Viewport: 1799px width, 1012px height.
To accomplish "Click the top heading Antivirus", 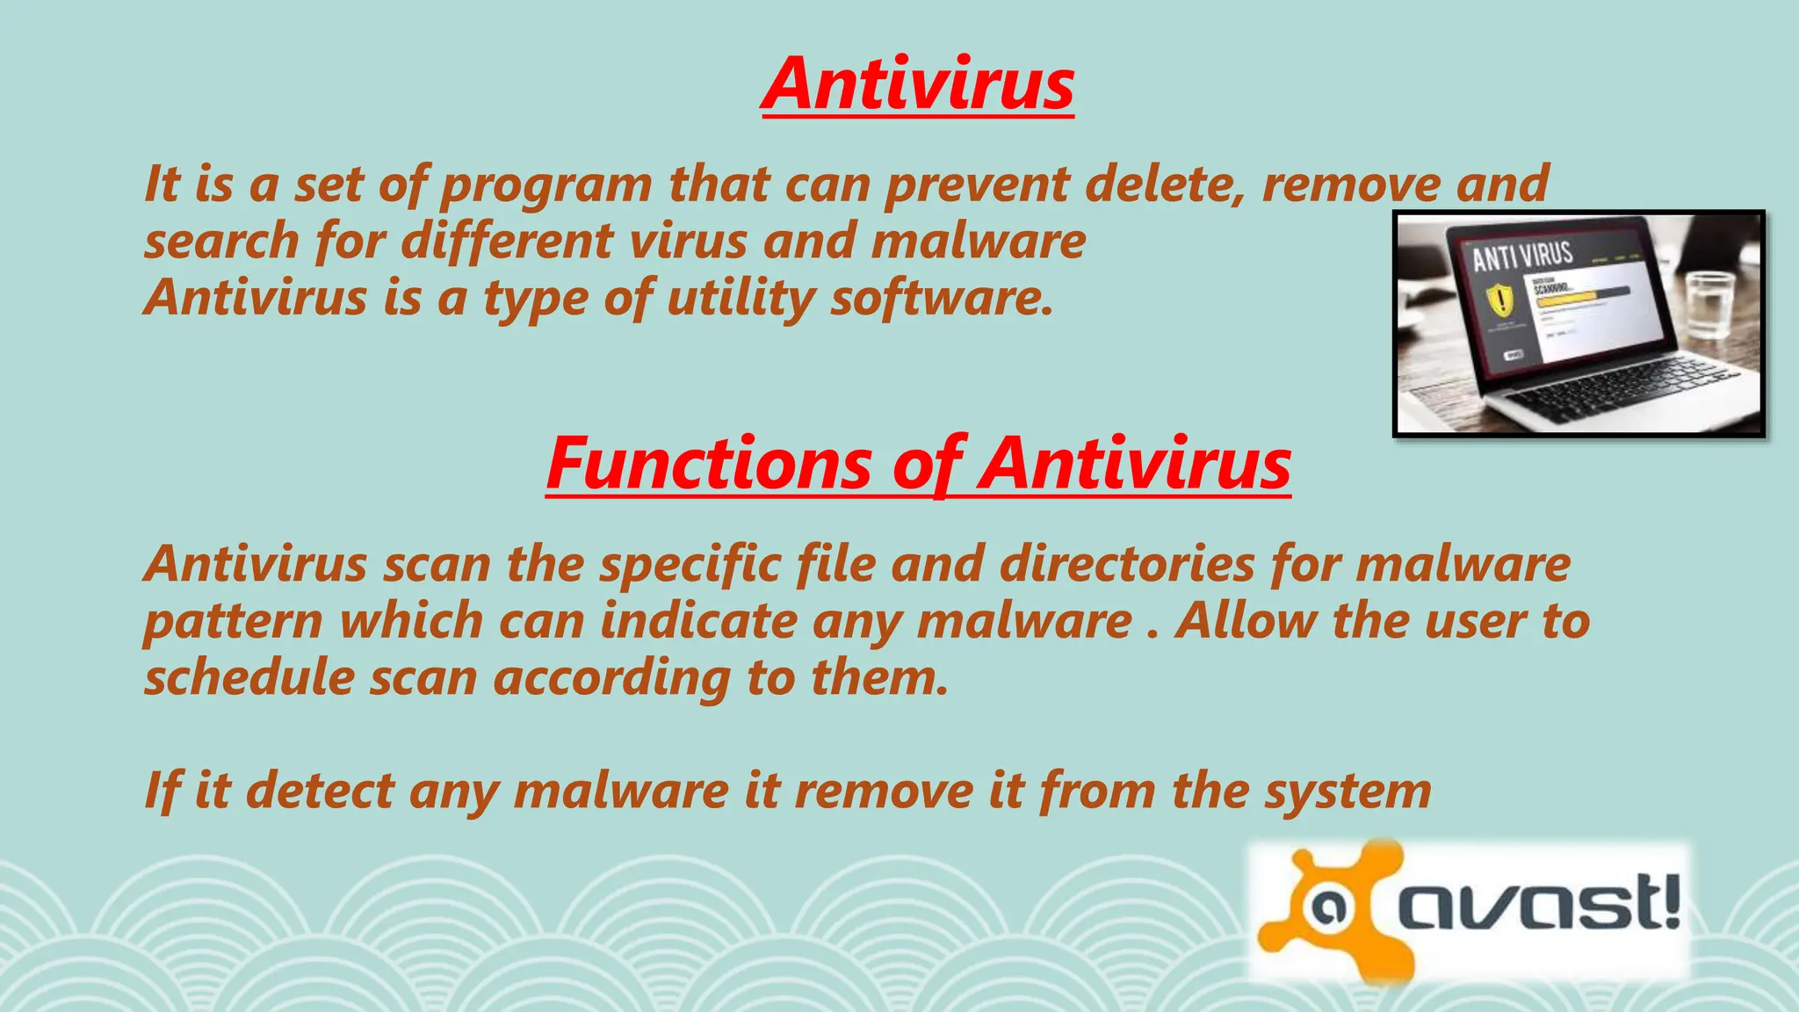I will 918,84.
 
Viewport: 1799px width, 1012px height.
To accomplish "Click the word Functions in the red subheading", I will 708,464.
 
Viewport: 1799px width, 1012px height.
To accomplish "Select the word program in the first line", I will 545,185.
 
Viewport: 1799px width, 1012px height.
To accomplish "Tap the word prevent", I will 977,185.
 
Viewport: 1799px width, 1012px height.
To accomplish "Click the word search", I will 221,241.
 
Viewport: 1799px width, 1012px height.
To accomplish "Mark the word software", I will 941,298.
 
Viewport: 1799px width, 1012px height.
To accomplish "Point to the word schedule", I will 249,677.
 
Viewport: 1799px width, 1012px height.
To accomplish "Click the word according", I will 611,679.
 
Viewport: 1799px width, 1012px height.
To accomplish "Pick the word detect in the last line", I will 320,790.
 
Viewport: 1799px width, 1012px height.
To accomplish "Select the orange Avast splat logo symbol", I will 1326,910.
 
